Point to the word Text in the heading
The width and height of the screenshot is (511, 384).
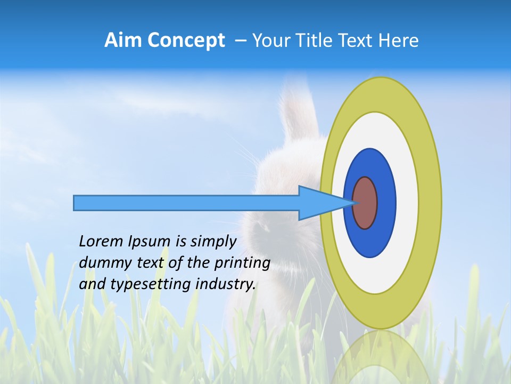point(357,41)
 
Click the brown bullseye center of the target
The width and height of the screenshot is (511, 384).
point(365,203)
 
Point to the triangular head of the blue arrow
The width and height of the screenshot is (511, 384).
point(325,203)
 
